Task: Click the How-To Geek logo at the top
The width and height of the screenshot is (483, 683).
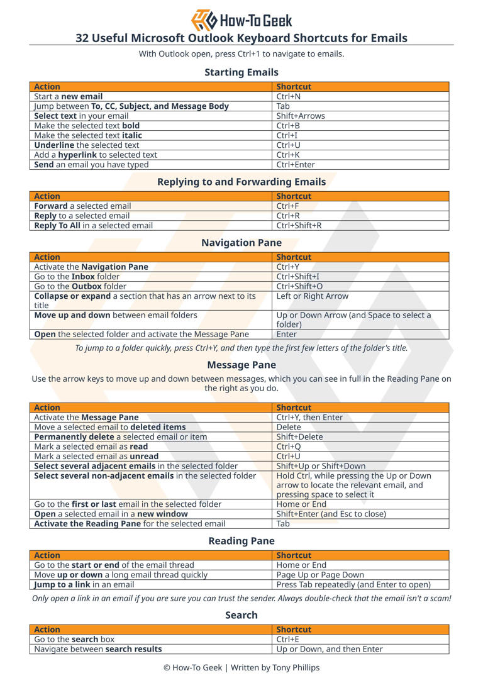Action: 241,19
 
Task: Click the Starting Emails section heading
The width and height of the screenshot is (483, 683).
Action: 241,72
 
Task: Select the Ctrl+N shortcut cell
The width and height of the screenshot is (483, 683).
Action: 288,97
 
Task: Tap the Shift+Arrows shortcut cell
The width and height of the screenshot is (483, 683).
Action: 301,116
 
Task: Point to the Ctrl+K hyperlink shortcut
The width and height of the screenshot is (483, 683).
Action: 287,155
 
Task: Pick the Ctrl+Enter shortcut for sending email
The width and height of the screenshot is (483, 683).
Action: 295,165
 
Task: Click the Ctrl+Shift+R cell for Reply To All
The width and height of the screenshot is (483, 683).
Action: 299,226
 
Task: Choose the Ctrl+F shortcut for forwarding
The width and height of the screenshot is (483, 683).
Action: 287,206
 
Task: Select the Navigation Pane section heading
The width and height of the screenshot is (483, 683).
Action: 241,243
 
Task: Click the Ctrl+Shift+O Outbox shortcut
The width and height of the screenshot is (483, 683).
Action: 299,287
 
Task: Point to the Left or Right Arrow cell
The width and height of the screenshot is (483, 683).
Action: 312,296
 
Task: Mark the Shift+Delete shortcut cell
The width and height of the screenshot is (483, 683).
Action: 299,437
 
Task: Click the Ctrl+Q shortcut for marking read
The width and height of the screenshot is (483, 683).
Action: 289,447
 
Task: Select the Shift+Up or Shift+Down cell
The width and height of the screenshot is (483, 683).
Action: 321,466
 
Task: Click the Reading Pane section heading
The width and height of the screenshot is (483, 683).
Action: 241,541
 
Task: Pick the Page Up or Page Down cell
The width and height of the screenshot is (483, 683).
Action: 320,575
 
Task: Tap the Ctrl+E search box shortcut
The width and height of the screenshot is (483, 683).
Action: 287,640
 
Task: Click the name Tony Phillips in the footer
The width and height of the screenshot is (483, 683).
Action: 296,667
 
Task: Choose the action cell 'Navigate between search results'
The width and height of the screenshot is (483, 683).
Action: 98,649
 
